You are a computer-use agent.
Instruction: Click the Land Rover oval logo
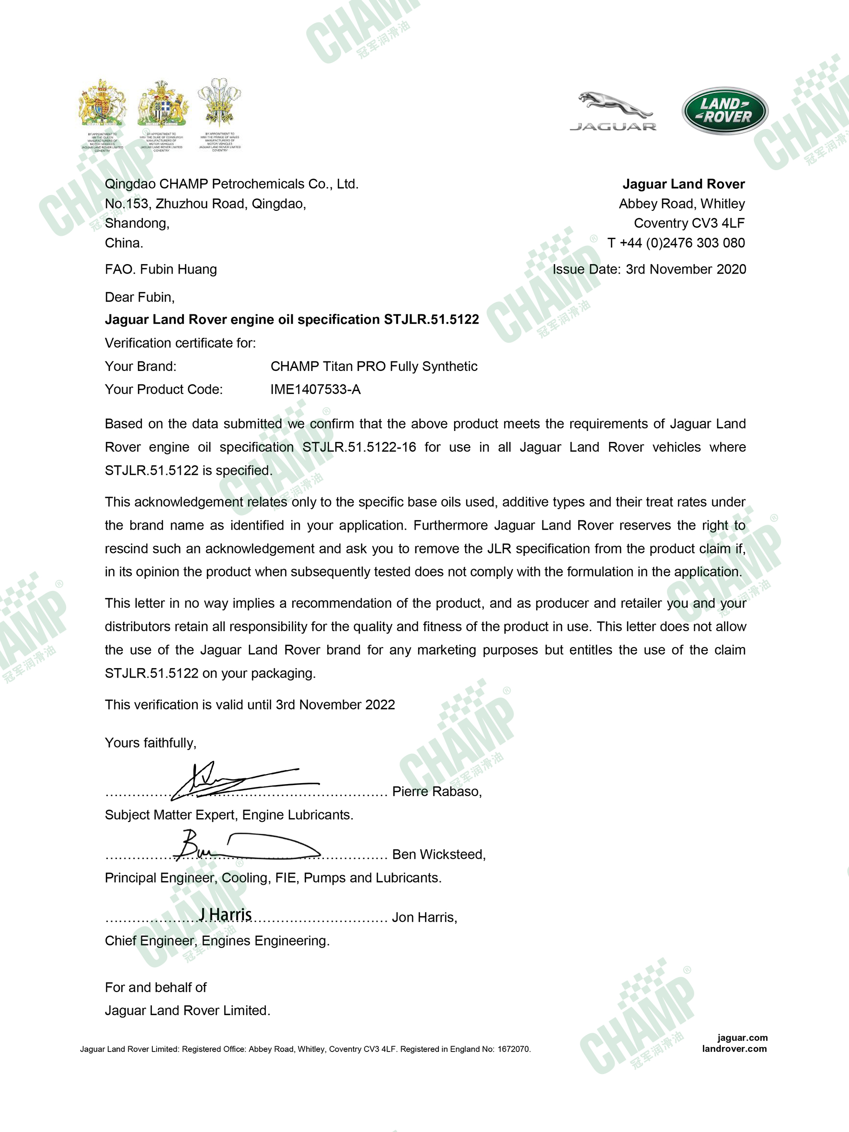click(x=724, y=111)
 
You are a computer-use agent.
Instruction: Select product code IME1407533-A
click(x=315, y=390)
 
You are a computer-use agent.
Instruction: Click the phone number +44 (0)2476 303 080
click(x=682, y=243)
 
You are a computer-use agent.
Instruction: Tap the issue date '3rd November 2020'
click(x=685, y=270)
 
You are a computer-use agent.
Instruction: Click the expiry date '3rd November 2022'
click(x=335, y=705)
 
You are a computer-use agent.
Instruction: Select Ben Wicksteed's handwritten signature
click(x=246, y=846)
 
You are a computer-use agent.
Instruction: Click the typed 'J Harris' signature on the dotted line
click(x=225, y=914)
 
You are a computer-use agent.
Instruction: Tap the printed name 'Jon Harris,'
click(x=424, y=918)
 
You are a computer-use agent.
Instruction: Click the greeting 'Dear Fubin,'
click(x=140, y=297)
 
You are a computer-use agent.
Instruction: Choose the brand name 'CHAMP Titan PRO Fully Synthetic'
click(x=374, y=367)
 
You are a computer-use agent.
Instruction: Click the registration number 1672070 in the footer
click(x=514, y=1049)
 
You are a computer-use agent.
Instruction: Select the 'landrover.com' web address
click(x=734, y=1049)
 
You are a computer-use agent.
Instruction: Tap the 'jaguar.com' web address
click(x=742, y=1038)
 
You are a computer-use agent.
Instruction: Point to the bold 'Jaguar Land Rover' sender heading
click(x=683, y=184)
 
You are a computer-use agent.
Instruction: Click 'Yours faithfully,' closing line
click(x=150, y=743)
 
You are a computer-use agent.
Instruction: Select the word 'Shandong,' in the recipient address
click(x=137, y=224)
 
